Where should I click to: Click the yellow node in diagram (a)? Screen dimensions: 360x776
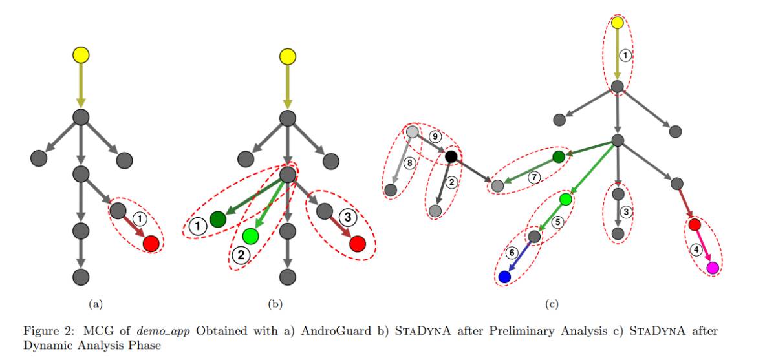(x=80, y=56)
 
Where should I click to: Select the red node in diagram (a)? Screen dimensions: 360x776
(x=151, y=244)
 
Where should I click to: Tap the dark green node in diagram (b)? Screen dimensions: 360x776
(x=217, y=219)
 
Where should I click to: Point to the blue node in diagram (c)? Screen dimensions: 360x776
(x=504, y=277)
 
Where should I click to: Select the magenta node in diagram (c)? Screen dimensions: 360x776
(x=713, y=268)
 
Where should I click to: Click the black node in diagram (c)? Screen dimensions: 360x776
(x=451, y=156)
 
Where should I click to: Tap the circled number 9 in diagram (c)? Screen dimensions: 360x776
(x=436, y=136)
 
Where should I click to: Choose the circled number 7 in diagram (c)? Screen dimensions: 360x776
(x=534, y=176)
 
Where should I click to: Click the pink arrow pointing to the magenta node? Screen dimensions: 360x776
(x=704, y=247)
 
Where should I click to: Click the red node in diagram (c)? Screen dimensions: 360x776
(x=694, y=225)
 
